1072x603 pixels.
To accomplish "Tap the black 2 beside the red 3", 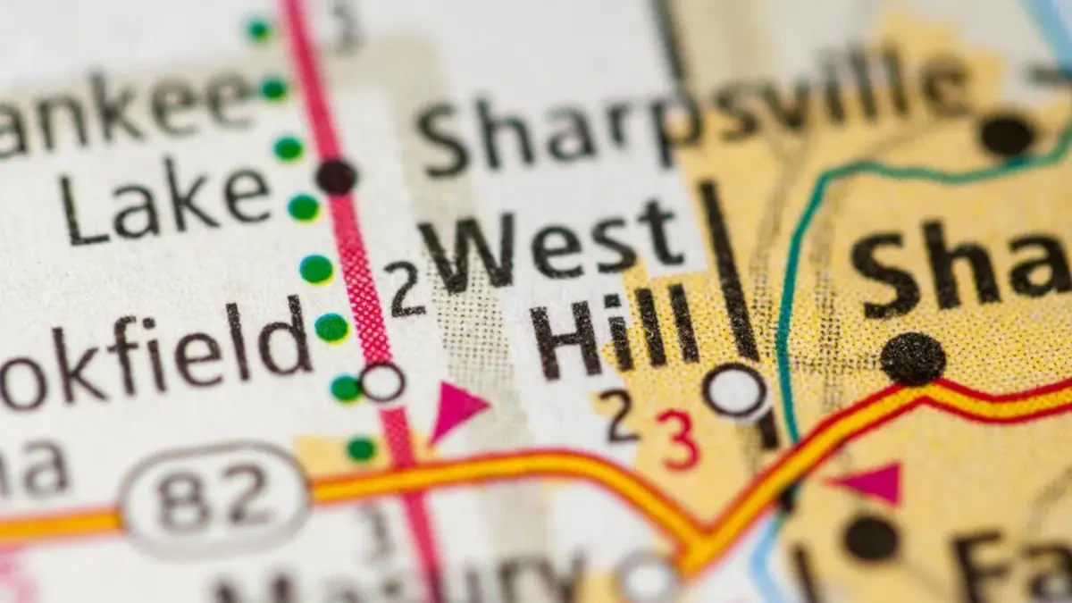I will pos(619,416).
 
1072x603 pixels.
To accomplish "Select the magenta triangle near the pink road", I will pos(456,409).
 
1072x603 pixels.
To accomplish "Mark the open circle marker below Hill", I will pos(736,391).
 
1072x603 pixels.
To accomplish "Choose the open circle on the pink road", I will pos(382,382).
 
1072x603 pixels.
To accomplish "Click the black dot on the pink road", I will pos(336,177).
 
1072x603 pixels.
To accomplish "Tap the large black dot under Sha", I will pos(912,358).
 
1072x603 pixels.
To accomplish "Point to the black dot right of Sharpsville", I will pos(1008,135).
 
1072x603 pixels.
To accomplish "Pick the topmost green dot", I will pos(259,29).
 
